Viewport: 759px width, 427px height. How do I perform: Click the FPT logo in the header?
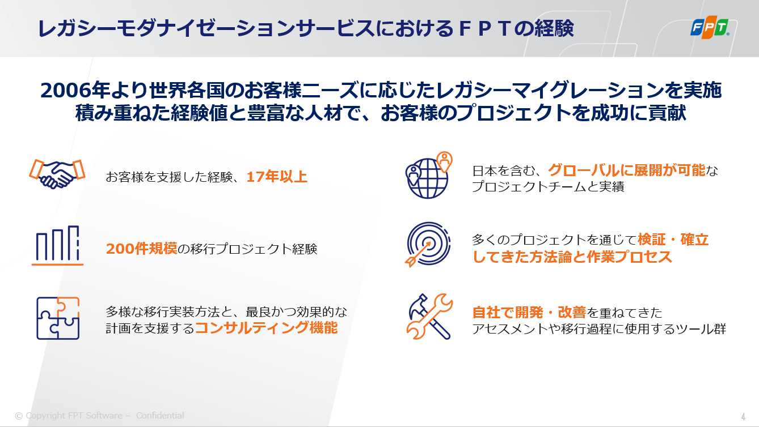(x=710, y=27)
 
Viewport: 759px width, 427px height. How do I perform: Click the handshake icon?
(x=57, y=174)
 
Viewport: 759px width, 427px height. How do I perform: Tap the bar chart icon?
(x=58, y=245)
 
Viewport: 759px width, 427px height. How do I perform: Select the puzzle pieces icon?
(x=58, y=318)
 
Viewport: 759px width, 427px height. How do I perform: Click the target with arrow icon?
(x=428, y=244)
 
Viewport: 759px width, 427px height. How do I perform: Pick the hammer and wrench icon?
(x=429, y=317)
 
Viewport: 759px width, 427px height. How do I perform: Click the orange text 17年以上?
(x=276, y=177)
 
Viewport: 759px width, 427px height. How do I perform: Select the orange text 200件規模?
(x=141, y=249)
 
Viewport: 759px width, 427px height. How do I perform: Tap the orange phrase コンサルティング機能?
(x=266, y=328)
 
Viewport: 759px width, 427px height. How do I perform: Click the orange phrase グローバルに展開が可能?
(x=626, y=170)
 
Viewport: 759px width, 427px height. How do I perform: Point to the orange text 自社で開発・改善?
(x=529, y=312)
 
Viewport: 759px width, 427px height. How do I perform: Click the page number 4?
(x=743, y=416)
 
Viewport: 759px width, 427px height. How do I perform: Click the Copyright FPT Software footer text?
(x=69, y=416)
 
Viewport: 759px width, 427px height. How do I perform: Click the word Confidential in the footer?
(x=160, y=416)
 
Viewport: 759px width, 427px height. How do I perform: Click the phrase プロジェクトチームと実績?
(x=548, y=186)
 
